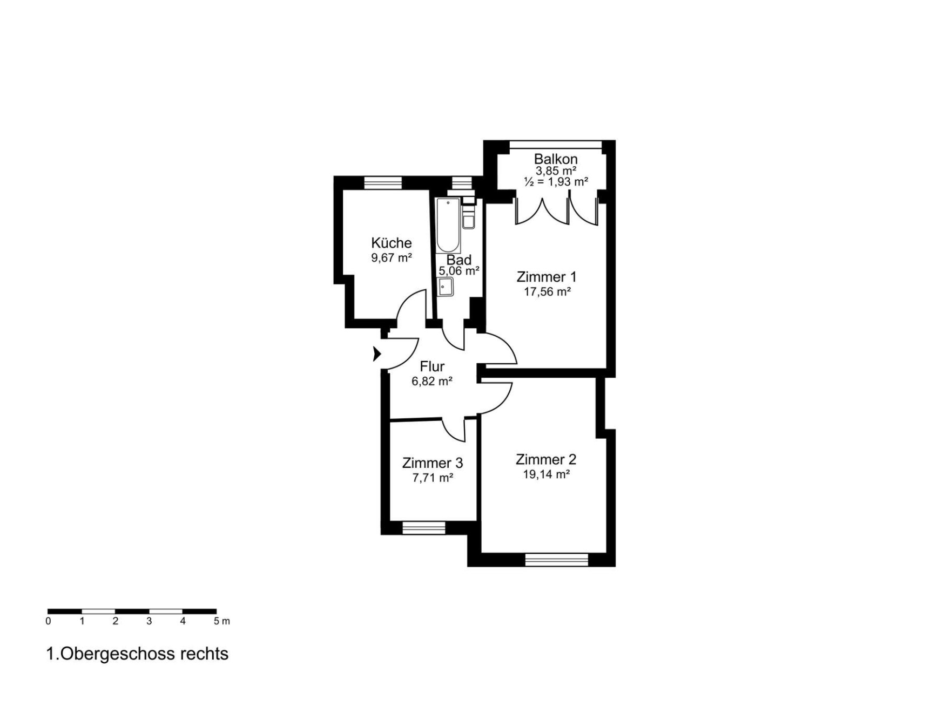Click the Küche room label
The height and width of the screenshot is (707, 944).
pyautogui.click(x=391, y=243)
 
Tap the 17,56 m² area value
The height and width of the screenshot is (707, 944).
pyautogui.click(x=547, y=292)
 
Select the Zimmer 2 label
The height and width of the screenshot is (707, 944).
pyautogui.click(x=546, y=459)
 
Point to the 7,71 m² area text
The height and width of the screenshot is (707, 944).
pyautogui.click(x=432, y=478)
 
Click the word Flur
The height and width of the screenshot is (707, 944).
pyautogui.click(x=432, y=366)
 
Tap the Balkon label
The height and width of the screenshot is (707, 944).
pyautogui.click(x=556, y=159)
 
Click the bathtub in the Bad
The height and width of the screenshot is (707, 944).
pyautogui.click(x=448, y=226)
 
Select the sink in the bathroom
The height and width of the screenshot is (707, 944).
pyautogui.click(x=446, y=287)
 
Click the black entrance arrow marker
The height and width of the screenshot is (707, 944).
pyautogui.click(x=377, y=354)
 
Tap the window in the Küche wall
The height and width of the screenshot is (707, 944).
pyautogui.click(x=383, y=183)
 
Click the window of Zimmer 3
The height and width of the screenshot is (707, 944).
pyautogui.click(x=424, y=528)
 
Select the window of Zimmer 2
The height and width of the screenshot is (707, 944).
pyautogui.click(x=556, y=560)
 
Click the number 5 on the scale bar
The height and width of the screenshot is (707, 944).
pyautogui.click(x=217, y=621)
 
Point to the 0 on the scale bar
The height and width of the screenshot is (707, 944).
pyautogui.click(x=49, y=621)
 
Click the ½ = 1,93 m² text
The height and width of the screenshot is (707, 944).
pyautogui.click(x=556, y=182)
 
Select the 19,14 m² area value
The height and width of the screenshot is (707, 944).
pyautogui.click(x=547, y=474)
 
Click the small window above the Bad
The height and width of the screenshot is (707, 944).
pyautogui.click(x=462, y=183)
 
